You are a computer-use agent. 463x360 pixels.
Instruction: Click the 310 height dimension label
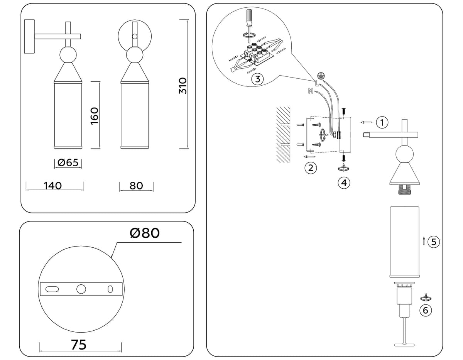coord(183,85)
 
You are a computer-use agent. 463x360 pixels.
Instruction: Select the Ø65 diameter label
coord(68,162)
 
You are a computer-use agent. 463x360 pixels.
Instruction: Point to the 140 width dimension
coord(53,186)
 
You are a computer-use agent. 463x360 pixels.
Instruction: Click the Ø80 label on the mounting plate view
coord(145,233)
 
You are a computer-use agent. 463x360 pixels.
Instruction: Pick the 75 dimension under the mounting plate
coord(79,345)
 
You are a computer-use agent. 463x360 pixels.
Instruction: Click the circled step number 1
coord(382,123)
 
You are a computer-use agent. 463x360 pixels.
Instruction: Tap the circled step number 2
coord(311,168)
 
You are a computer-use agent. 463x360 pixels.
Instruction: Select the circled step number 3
coord(257,79)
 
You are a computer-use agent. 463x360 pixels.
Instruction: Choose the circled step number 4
coord(344,183)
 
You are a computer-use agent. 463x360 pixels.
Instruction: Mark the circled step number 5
coord(434,242)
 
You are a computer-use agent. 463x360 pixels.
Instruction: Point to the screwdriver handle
coord(249,16)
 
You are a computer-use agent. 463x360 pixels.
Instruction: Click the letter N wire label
coord(311,91)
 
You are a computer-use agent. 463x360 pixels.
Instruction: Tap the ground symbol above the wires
coord(319,76)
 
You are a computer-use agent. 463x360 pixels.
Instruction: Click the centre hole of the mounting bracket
coord(81,289)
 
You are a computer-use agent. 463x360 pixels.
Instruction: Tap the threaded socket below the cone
coord(405,188)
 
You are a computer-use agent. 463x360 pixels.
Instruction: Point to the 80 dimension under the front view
coord(136,186)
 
